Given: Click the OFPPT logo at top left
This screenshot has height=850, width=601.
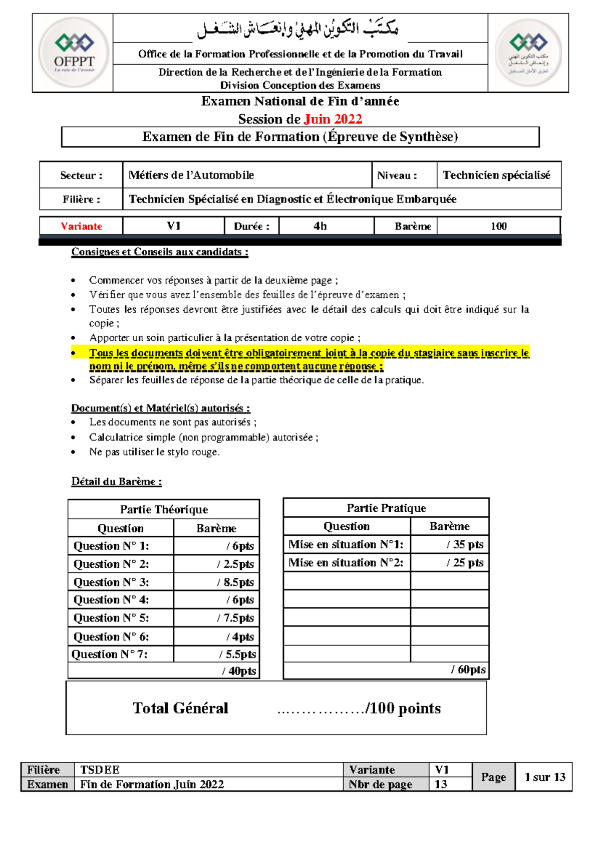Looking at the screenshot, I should point(74,53).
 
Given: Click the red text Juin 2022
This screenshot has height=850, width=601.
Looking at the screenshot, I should point(333,119).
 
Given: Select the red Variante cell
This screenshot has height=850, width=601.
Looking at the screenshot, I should point(81,226).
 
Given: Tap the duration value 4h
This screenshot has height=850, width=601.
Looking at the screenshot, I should point(320,226).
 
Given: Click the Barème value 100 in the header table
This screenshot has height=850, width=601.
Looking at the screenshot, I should point(498,226).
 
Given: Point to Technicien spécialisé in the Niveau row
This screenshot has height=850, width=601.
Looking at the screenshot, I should point(496,175).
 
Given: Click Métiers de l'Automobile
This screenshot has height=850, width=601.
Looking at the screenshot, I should point(191,175).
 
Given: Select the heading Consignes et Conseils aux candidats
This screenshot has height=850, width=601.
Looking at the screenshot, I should point(160,252).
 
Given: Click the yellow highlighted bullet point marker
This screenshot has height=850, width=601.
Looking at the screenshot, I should point(74,353).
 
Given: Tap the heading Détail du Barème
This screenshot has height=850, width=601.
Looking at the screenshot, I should point(116,482).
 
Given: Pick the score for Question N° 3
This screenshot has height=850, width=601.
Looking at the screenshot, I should point(235,582).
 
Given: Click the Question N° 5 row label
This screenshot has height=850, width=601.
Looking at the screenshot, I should point(111,618).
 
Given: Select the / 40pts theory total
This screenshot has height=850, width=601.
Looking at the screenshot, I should point(239,671).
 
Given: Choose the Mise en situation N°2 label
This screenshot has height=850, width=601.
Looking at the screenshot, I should point(346,562).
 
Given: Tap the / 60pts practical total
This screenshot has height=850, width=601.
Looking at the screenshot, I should point(468,670).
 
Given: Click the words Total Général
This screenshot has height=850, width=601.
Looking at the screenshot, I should point(180,708).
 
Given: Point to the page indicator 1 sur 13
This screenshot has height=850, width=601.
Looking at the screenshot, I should point(544,777).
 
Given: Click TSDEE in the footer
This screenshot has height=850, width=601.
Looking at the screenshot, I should point(100,770).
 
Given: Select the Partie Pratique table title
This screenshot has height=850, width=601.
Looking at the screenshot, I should point(386,508).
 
